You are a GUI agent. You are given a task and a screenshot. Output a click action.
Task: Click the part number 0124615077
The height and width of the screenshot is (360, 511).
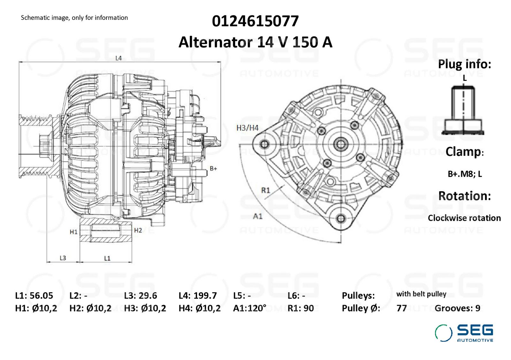point(255,21)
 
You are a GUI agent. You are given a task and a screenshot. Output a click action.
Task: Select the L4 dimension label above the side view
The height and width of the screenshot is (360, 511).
point(118,58)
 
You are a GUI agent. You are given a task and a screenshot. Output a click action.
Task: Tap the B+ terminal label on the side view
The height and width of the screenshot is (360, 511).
point(213,169)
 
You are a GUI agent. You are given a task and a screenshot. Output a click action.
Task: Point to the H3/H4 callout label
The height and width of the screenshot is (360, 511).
point(248,128)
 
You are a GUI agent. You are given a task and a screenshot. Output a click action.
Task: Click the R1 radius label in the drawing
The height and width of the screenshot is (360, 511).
point(265,190)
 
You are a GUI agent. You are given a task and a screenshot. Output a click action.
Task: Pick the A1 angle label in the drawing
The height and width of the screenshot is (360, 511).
point(258,216)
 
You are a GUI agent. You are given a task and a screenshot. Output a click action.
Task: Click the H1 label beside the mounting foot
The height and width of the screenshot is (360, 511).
point(73,232)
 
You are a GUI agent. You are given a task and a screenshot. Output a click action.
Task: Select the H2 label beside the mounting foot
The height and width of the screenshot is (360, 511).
point(138,230)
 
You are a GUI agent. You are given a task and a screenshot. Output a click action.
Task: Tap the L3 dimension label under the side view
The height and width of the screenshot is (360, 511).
point(63,258)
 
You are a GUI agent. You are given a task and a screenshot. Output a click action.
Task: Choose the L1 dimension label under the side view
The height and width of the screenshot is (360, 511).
point(107,258)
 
